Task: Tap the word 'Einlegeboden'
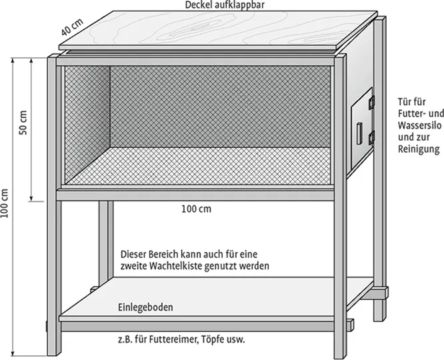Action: [146, 308]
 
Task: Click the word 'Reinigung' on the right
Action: [419, 149]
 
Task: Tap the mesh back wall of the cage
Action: [220, 107]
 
